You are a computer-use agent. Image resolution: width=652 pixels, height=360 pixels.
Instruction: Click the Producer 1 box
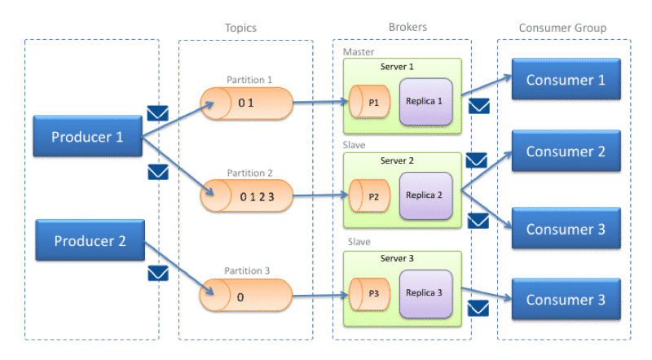click(88, 136)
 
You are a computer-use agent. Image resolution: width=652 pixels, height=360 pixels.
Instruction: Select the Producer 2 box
click(90, 240)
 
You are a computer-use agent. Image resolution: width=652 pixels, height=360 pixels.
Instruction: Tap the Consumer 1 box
click(566, 79)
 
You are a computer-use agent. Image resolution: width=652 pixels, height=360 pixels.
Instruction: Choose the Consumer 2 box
click(566, 151)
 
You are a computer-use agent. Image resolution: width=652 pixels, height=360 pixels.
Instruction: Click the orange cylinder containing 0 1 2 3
click(247, 195)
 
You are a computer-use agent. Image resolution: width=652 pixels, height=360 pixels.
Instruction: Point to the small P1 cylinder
click(369, 102)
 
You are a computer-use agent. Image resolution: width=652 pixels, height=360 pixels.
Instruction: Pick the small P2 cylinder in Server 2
click(369, 195)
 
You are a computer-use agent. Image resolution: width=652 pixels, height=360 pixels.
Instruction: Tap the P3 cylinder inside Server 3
click(369, 294)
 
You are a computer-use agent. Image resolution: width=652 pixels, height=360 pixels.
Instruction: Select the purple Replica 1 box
click(425, 102)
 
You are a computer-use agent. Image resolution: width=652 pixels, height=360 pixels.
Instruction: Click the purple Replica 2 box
click(425, 195)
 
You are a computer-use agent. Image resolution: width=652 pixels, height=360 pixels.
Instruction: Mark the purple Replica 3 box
click(425, 293)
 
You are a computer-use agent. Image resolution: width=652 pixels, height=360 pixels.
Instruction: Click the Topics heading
click(240, 28)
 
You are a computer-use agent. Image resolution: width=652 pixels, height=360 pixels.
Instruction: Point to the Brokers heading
click(407, 27)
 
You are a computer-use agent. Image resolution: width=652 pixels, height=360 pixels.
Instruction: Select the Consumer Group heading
click(562, 28)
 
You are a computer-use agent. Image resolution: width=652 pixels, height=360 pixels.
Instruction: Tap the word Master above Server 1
click(359, 52)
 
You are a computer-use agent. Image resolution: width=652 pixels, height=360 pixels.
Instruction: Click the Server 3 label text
click(397, 258)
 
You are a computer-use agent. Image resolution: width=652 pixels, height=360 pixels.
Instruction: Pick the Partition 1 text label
click(249, 79)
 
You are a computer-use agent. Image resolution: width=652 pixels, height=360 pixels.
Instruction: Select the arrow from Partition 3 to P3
click(320, 296)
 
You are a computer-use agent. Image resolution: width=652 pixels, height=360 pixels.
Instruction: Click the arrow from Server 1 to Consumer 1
click(487, 86)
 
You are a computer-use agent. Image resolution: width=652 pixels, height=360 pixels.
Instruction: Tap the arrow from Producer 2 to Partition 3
click(179, 268)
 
